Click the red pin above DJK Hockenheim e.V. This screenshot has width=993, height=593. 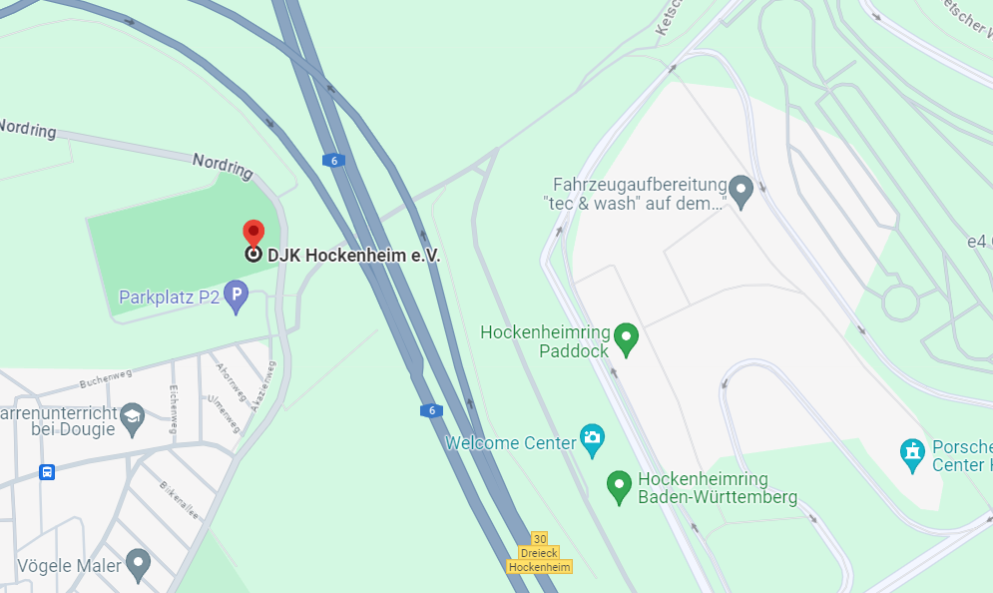click(x=253, y=232)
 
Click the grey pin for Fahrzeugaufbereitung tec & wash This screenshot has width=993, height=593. click(x=740, y=187)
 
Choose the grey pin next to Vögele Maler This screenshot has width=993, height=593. click(x=138, y=564)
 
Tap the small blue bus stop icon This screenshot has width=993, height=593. click(x=47, y=471)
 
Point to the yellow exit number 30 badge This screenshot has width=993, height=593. click(x=540, y=538)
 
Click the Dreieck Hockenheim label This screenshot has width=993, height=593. click(x=540, y=560)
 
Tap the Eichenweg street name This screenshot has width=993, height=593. click(x=174, y=408)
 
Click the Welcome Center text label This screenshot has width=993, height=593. click(x=511, y=442)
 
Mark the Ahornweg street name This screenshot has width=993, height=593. click(x=231, y=381)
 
